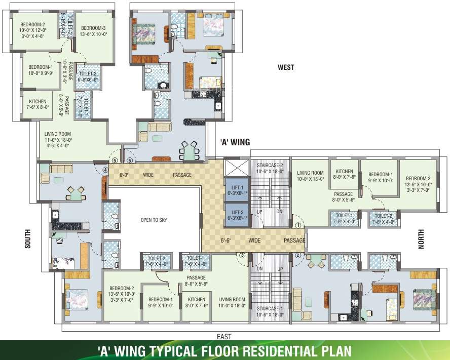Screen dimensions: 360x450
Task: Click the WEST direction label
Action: click(286, 67)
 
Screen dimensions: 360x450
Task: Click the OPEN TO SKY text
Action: click(154, 220)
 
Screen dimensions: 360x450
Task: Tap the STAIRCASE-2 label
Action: click(270, 168)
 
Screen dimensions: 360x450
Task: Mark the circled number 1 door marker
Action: click(298, 225)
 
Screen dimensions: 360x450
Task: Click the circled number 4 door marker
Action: click(105, 170)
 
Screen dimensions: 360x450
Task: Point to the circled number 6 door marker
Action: click(130, 161)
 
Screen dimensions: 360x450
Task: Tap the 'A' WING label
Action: click(235, 142)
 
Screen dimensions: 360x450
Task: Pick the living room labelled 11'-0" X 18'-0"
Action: click(58, 136)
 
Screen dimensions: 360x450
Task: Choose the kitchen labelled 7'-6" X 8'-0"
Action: click(37, 104)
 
